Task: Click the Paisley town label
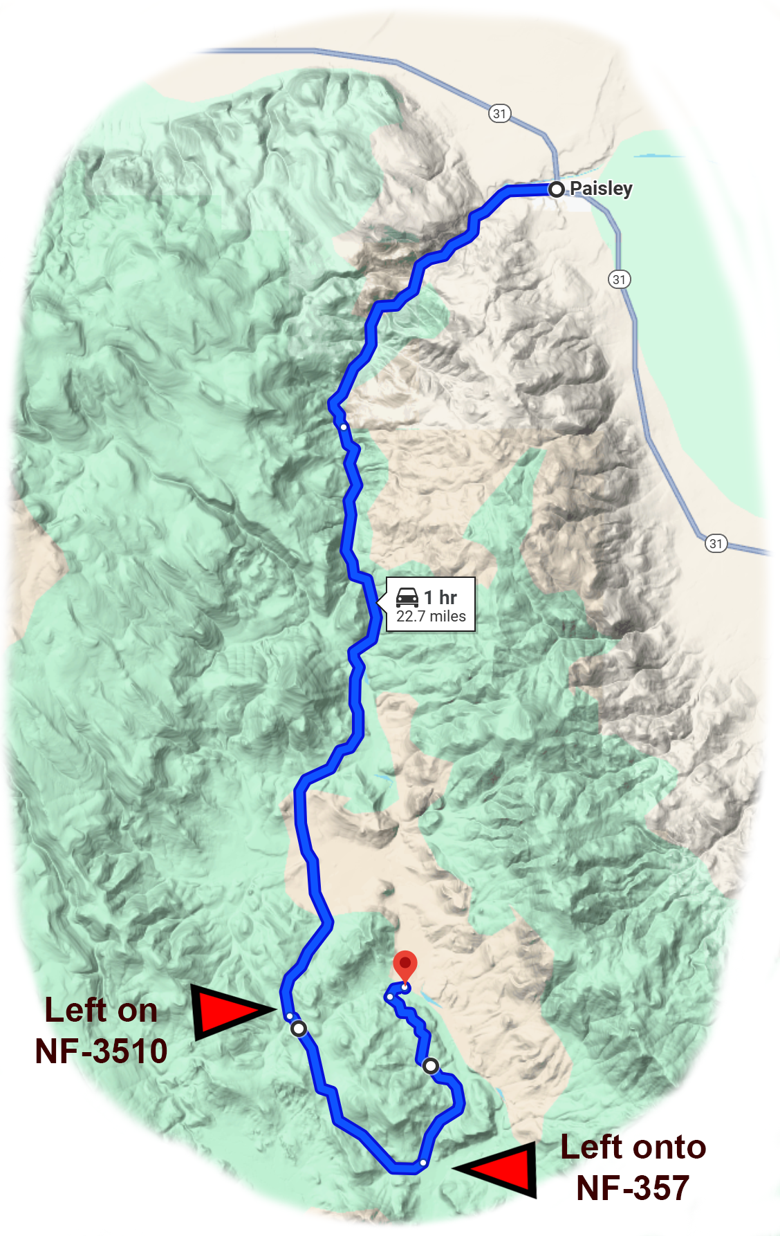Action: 601,189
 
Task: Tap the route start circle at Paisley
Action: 556,189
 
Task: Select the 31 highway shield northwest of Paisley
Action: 499,113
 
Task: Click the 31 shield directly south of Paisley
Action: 619,279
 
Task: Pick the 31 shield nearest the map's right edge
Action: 716,543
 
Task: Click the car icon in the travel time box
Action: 407,597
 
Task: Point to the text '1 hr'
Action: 440,597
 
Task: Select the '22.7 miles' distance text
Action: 431,617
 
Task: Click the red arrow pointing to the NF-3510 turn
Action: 228,1011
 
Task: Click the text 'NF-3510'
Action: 101,1051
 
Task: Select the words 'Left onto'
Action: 633,1148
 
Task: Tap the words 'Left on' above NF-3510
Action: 101,1011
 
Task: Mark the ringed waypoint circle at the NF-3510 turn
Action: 299,1029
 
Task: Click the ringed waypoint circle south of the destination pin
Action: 430,1066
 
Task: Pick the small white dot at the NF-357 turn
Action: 423,1163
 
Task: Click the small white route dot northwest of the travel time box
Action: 344,427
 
